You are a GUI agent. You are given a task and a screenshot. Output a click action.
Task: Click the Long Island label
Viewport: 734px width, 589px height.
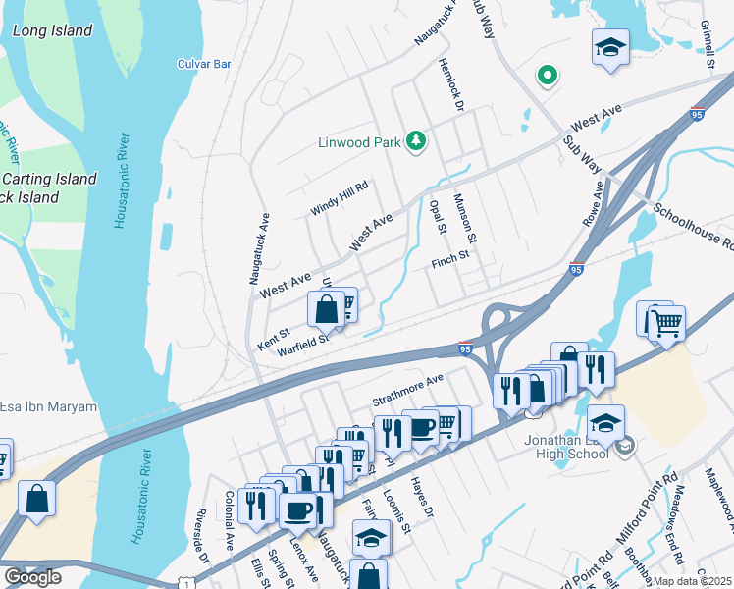pos(52,30)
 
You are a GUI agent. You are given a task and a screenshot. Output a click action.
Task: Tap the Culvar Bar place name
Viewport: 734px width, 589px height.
pos(204,64)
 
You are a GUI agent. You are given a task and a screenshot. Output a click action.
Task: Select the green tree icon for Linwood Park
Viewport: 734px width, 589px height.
pos(417,141)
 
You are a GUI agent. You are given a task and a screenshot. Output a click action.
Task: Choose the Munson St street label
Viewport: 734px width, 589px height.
pos(464,218)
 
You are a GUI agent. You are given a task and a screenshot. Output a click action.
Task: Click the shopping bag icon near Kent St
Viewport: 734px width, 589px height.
pos(326,309)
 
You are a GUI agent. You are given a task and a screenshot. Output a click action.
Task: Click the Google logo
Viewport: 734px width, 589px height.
pos(32,576)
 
